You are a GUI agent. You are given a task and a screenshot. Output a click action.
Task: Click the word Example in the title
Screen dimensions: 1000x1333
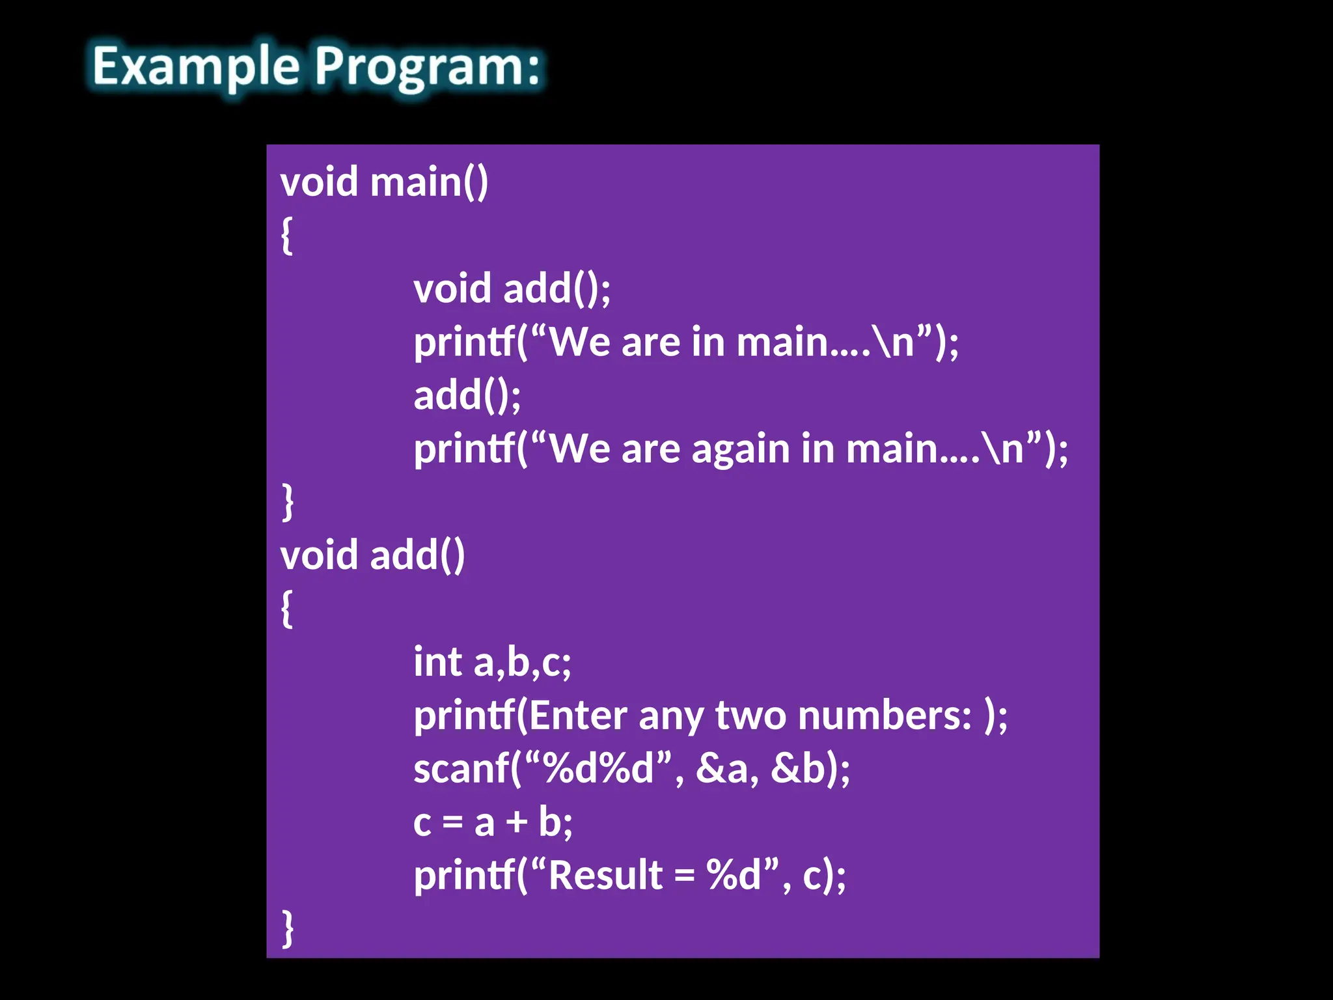[195, 67]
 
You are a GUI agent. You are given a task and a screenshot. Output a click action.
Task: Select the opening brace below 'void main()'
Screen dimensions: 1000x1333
[286, 235]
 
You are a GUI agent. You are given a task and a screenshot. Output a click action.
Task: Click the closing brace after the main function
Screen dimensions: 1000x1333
[287, 502]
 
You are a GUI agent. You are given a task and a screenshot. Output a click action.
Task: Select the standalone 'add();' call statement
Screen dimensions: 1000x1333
[467, 395]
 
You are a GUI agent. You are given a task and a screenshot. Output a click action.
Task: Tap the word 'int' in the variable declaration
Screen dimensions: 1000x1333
[437, 662]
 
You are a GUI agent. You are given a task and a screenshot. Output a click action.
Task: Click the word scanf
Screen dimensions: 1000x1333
[461, 769]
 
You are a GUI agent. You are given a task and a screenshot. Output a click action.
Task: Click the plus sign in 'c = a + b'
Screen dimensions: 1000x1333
[517, 822]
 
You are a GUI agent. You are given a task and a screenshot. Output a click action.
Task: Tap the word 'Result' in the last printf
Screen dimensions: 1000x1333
[605, 876]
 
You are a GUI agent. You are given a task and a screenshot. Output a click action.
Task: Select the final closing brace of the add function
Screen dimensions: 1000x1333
[287, 929]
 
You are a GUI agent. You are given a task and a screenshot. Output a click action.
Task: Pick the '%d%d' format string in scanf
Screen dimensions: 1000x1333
[598, 769]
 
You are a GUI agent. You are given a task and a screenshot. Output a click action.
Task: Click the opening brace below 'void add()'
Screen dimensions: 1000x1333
[286, 609]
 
